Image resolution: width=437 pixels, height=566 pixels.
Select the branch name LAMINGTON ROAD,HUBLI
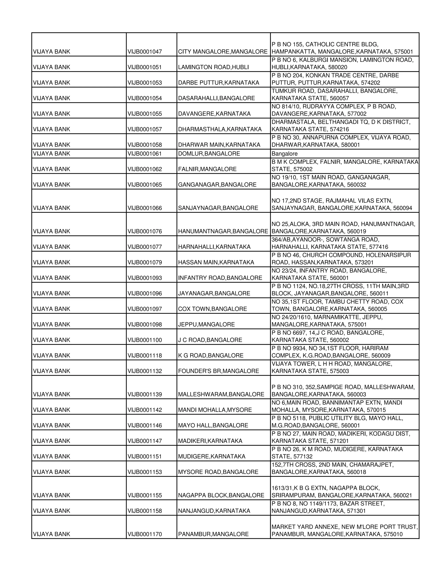[213, 67]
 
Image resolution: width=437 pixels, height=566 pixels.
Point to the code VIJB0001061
[144, 154]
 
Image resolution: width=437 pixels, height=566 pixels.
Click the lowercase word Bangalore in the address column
[284, 154]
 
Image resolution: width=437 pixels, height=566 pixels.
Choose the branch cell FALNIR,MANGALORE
[207, 169]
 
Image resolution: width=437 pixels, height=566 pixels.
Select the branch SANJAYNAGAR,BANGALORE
[218, 208]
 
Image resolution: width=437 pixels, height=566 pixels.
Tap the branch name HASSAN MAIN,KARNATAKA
[216, 262]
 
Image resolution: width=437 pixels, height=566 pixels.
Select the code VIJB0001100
[144, 340]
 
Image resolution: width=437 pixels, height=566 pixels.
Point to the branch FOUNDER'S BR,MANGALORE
[218, 371]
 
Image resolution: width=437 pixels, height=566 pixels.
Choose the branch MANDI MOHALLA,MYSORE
[215, 410]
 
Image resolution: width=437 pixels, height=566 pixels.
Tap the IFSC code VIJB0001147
[144, 441]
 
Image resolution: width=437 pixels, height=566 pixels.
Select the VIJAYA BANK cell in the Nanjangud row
[51, 511]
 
